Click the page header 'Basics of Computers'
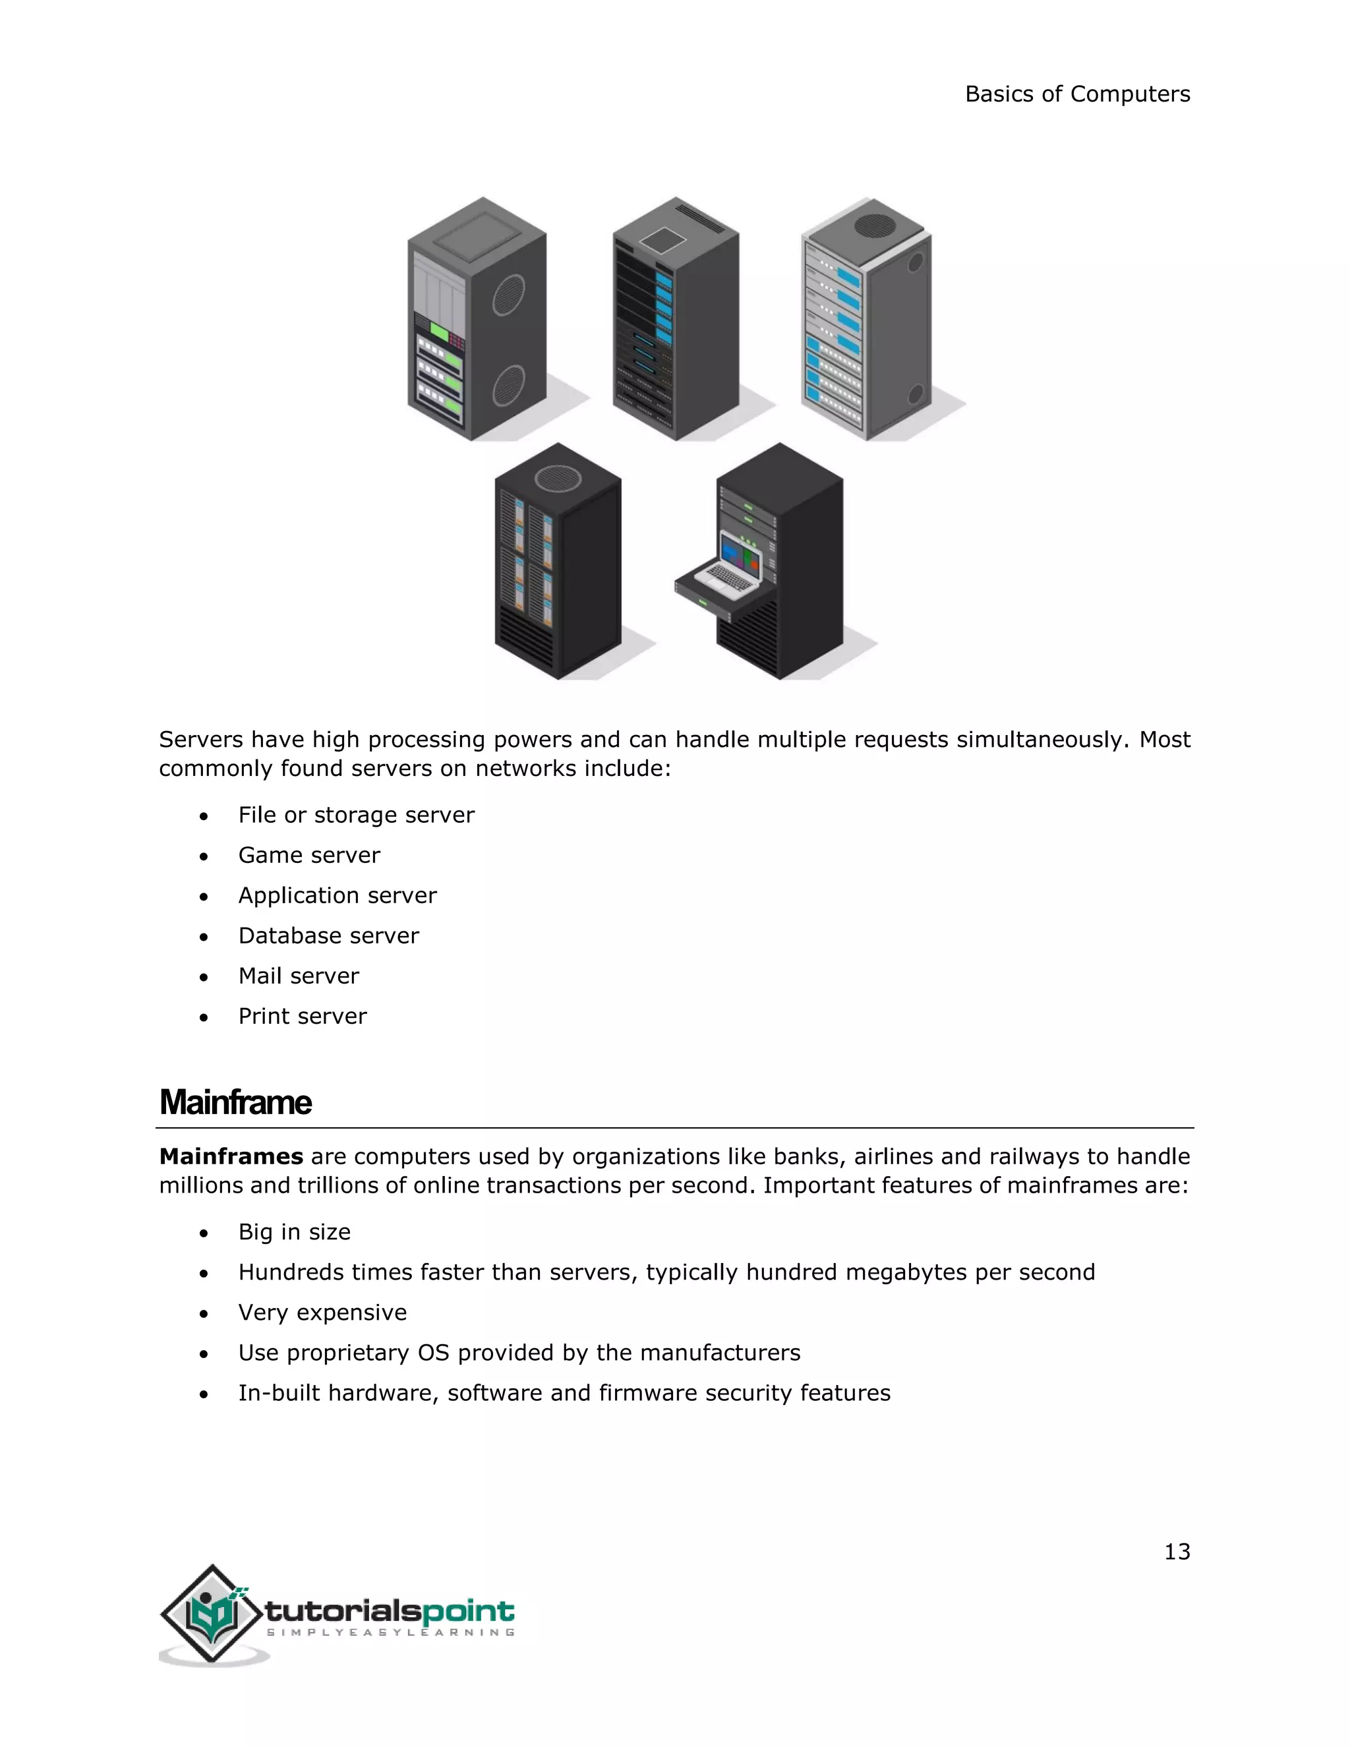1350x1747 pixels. click(1076, 94)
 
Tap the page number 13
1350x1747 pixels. click(1177, 1552)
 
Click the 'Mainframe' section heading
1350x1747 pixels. click(235, 1102)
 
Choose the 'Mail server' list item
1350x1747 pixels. click(299, 976)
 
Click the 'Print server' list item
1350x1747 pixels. click(303, 1016)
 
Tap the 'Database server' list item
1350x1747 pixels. click(328, 936)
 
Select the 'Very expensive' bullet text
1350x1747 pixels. click(322, 1313)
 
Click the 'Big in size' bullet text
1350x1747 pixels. click(294, 1232)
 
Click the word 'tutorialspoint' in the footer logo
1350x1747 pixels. click(390, 1611)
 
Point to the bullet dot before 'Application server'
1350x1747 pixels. click(204, 897)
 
